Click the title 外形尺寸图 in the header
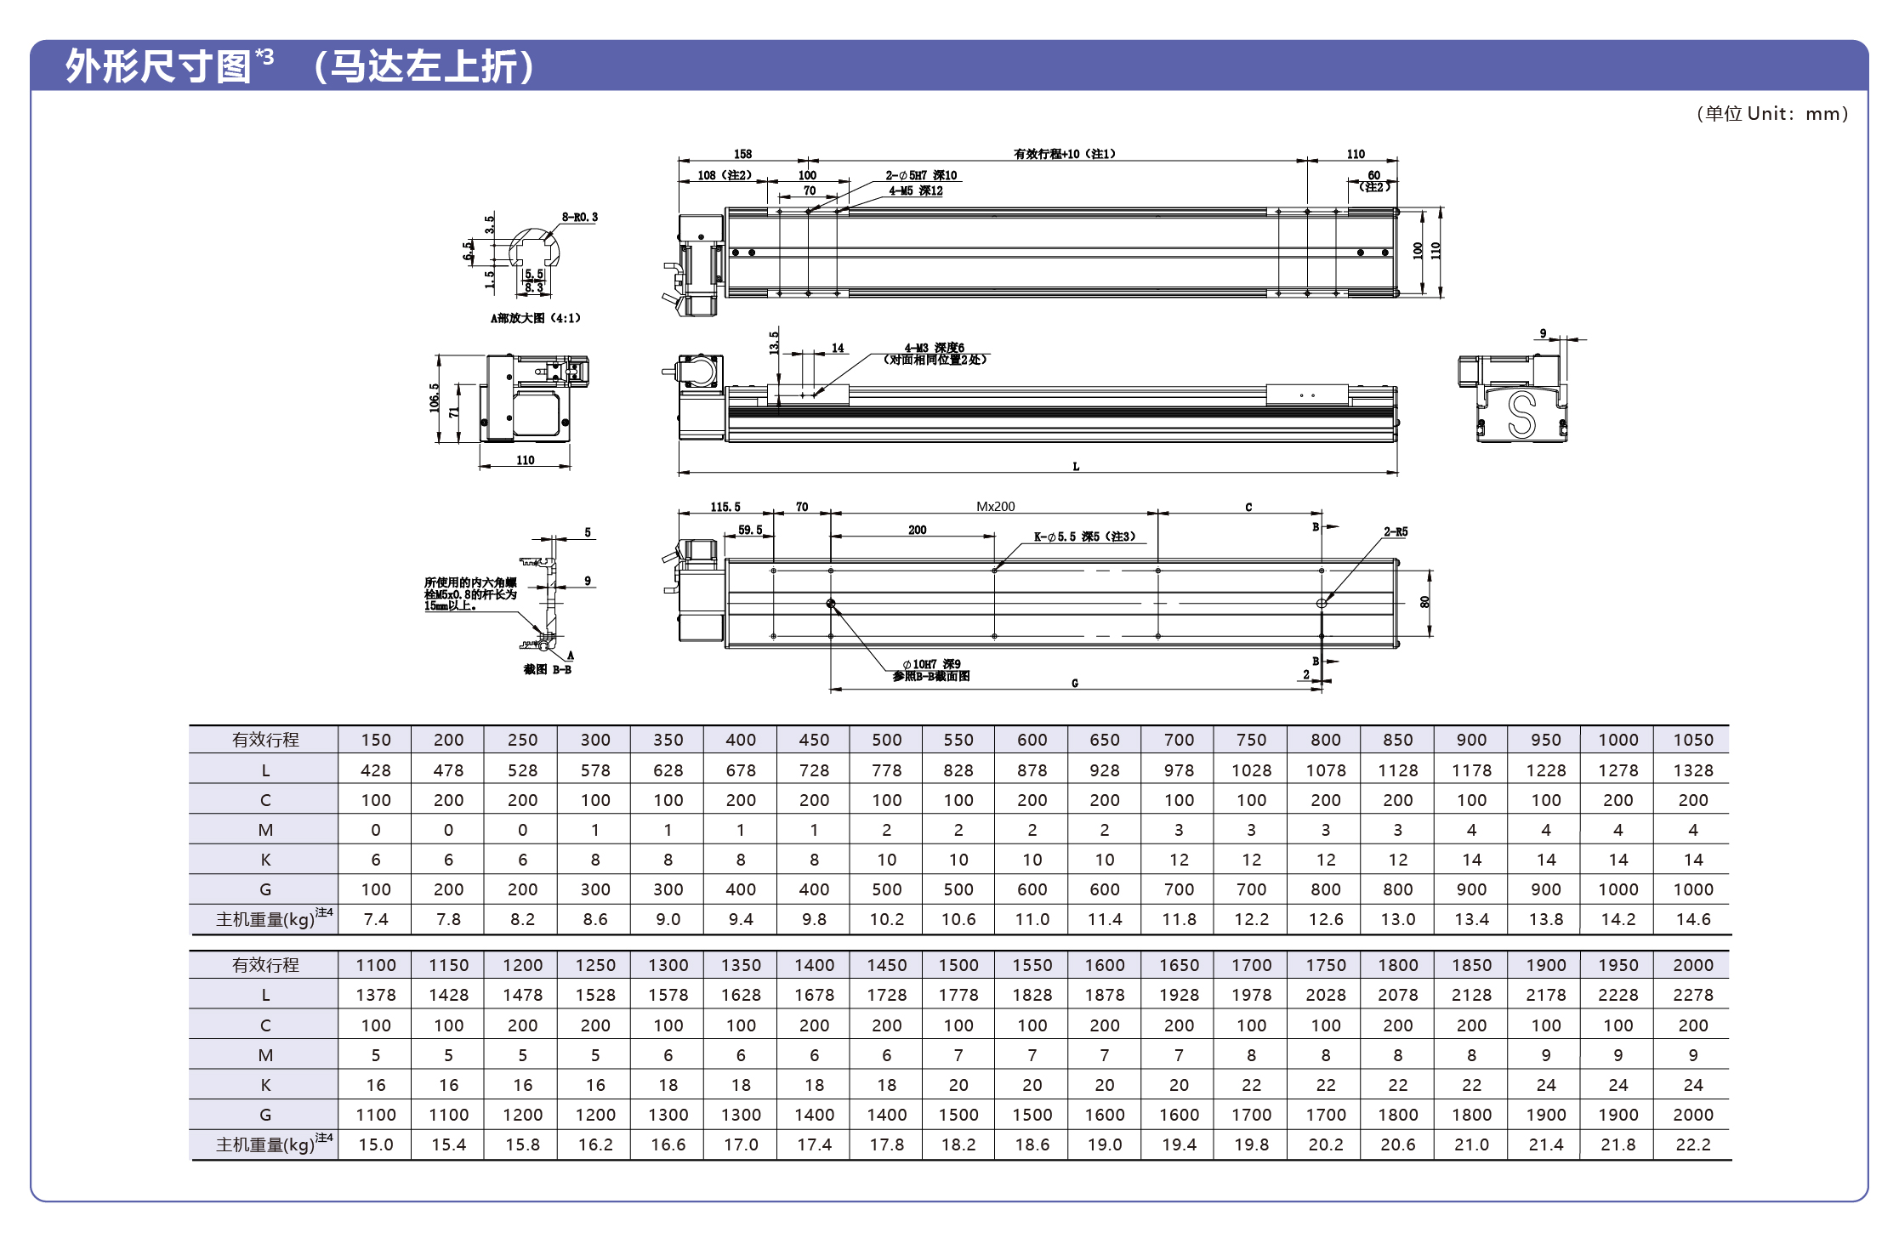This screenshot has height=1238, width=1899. point(158,66)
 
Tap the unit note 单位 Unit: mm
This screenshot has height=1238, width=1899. point(1771,114)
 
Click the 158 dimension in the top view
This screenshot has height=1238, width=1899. point(742,154)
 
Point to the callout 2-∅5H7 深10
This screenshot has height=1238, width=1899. point(921,175)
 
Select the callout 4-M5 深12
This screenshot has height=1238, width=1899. point(916,191)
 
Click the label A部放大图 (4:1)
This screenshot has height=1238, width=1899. point(535,318)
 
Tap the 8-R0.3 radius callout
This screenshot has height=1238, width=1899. point(579,218)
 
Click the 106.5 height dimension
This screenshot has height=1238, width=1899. point(434,398)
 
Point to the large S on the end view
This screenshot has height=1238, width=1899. point(1521,414)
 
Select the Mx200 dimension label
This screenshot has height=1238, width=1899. point(995,507)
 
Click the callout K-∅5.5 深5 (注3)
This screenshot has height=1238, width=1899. point(1084,537)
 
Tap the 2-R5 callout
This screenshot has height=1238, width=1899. point(1395,532)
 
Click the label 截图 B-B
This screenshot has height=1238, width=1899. point(547,670)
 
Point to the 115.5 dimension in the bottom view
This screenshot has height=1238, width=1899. point(725,507)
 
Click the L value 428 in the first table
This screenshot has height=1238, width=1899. point(375,770)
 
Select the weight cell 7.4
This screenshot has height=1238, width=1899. point(375,919)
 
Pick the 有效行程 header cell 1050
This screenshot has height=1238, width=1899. point(1692,740)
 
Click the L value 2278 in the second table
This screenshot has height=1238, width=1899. point(1692,995)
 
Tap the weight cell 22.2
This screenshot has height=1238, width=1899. point(1692,1144)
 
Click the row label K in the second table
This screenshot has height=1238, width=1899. point(265,1085)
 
